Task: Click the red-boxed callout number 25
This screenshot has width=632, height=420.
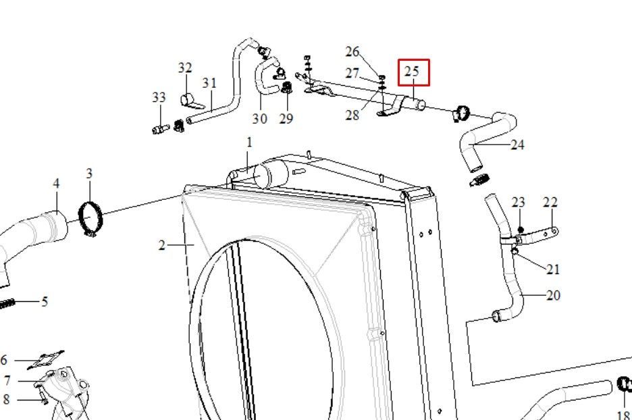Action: click(x=411, y=72)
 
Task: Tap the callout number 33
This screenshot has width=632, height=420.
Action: click(x=159, y=97)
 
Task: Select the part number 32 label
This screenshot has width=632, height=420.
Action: click(x=185, y=68)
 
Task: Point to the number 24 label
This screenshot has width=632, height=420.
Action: click(x=517, y=145)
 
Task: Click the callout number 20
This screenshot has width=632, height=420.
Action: click(x=554, y=296)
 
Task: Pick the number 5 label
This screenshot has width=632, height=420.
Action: click(x=45, y=302)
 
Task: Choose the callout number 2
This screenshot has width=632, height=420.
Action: click(x=161, y=245)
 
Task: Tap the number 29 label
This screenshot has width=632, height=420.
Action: click(x=286, y=118)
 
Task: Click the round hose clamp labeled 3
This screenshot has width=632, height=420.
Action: click(x=90, y=219)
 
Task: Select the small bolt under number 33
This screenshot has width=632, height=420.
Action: click(x=161, y=130)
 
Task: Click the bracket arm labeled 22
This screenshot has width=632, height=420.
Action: click(x=536, y=235)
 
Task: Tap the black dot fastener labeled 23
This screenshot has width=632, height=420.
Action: click(x=521, y=230)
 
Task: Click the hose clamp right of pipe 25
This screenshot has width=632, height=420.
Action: click(x=461, y=113)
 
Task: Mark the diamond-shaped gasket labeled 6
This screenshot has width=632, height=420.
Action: click(x=45, y=359)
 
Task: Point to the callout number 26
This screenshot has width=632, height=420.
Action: click(x=352, y=51)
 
